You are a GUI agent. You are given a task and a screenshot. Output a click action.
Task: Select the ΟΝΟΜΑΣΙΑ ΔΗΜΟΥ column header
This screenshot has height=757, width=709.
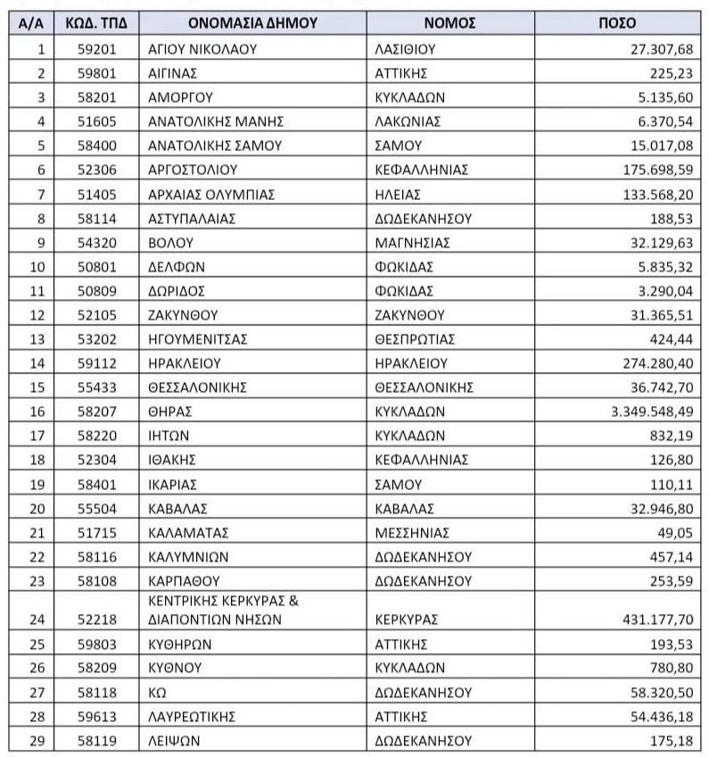pos(253,24)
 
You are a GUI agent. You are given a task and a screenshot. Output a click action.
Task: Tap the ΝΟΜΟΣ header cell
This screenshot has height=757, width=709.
pos(449,24)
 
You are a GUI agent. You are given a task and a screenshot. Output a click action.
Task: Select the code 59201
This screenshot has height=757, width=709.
pos(95,49)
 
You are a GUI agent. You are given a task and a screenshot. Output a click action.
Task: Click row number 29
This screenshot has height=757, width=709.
pos(34,740)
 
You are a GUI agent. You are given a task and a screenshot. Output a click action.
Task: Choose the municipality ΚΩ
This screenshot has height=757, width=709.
pos(158,692)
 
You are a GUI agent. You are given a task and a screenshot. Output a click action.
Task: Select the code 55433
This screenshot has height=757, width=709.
pos(95,387)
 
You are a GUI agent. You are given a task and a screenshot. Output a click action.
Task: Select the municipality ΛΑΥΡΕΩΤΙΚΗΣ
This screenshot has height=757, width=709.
pos(191,716)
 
